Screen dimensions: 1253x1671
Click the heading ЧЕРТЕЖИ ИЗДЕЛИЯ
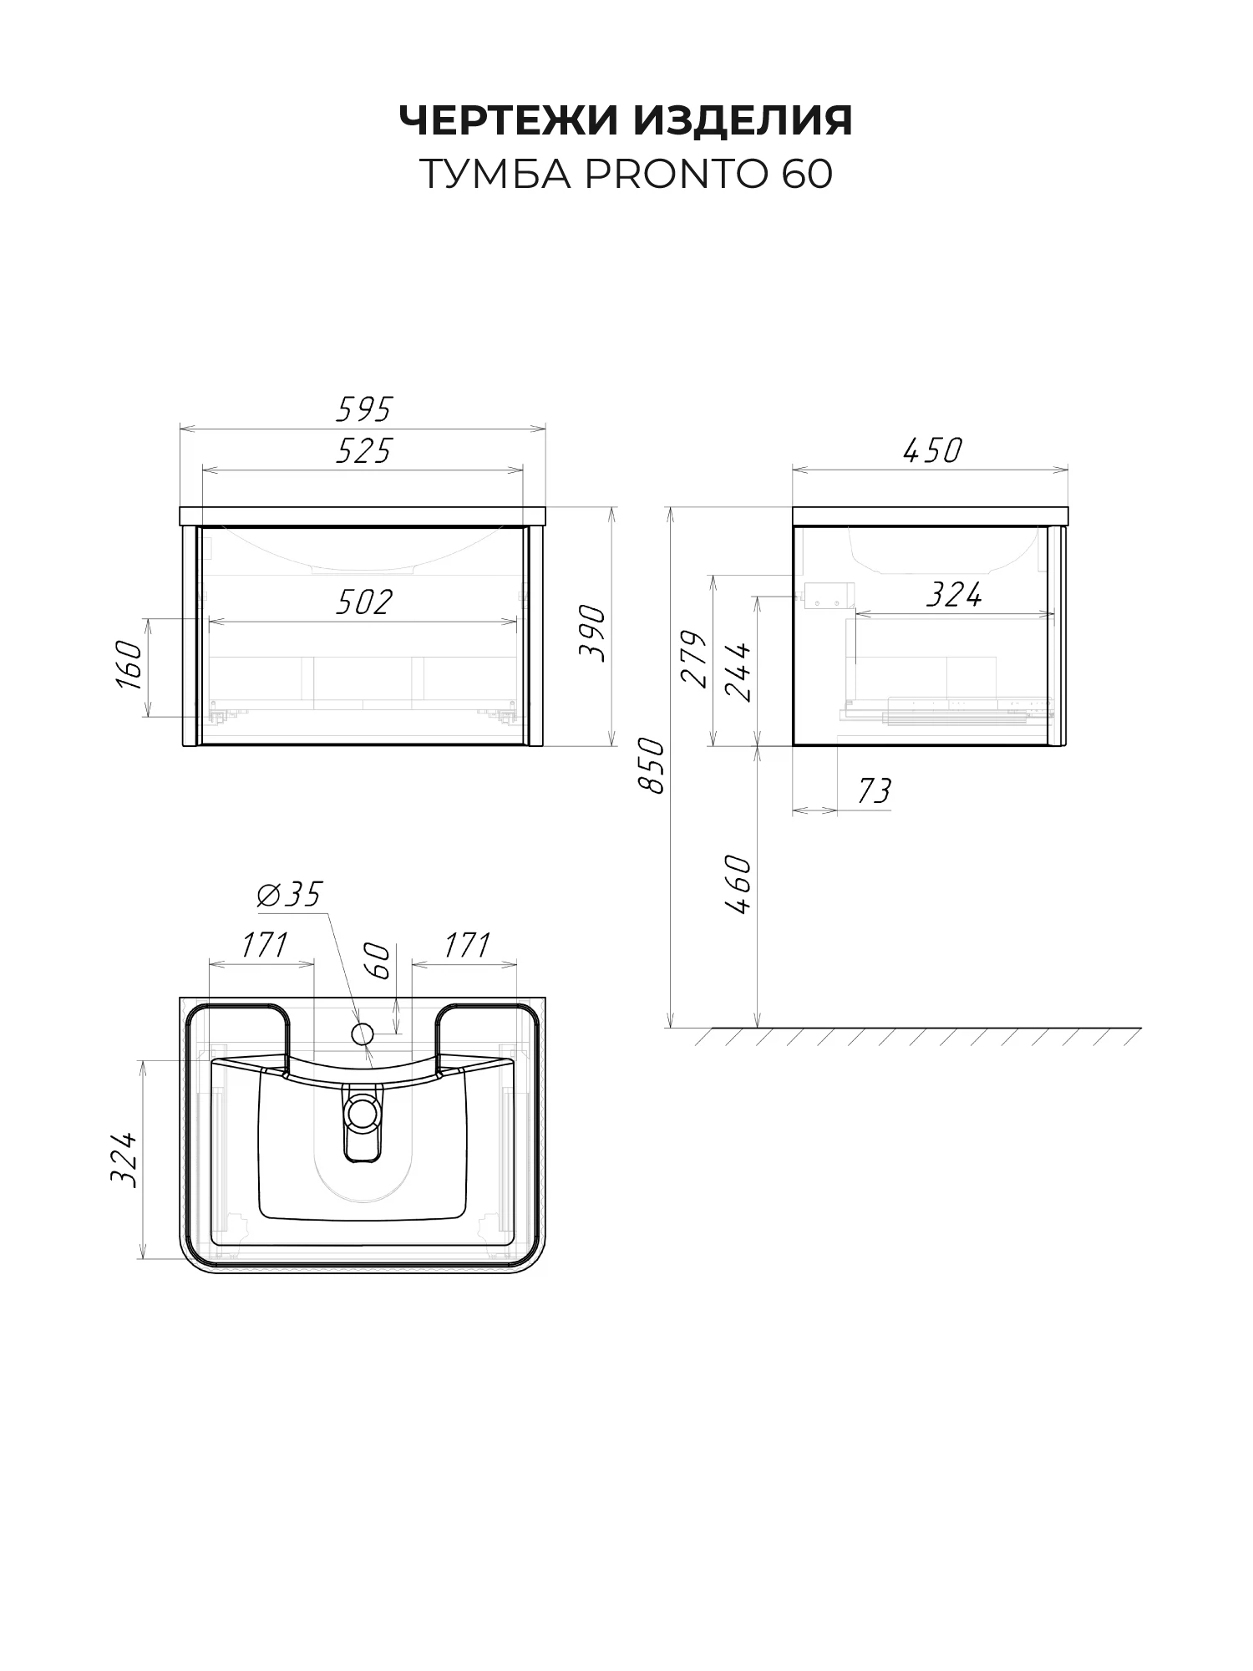point(626,120)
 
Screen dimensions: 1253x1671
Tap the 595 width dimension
point(363,409)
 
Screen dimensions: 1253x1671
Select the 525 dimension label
point(363,451)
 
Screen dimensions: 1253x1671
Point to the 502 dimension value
point(363,602)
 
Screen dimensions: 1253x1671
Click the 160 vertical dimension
point(129,666)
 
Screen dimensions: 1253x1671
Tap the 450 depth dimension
point(931,451)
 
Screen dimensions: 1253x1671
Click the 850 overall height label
point(651,765)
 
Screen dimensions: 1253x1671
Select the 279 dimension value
point(694,658)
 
